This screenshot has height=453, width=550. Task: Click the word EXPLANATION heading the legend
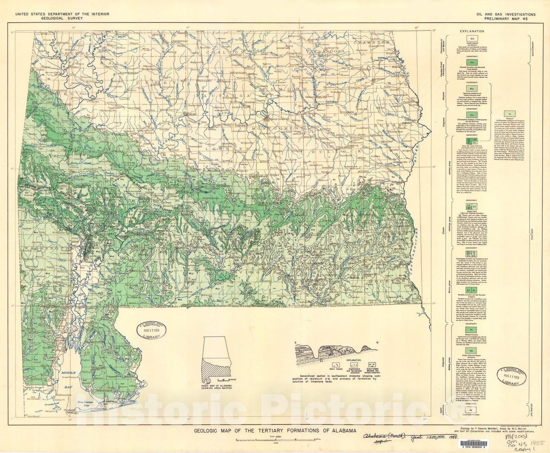tap(472, 31)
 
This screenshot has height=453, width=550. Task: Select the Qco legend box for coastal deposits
tap(472, 39)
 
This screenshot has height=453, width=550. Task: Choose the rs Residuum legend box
tap(510, 114)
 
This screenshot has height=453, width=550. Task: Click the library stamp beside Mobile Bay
tap(151, 330)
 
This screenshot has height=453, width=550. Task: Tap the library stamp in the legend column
tap(512, 377)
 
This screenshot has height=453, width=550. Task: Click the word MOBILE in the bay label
tap(68, 373)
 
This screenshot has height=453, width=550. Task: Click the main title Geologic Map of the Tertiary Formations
tap(275, 431)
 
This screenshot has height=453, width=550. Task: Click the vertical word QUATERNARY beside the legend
tap(533, 49)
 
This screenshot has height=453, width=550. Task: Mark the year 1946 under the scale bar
tap(276, 443)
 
